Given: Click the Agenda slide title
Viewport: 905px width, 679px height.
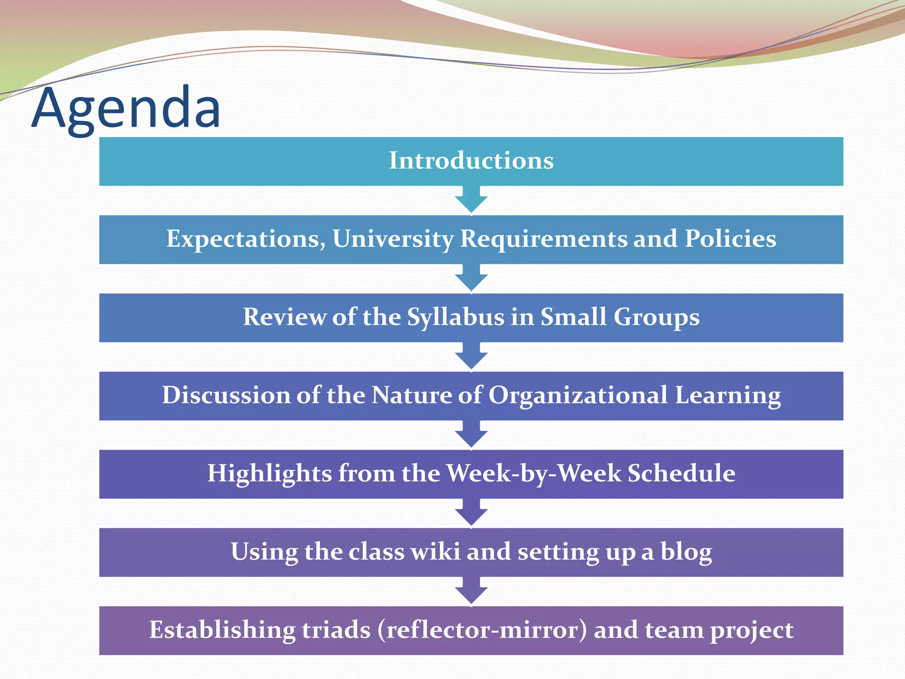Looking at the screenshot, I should pos(126,108).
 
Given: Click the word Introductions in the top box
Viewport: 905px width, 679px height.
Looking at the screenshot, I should pos(471,160).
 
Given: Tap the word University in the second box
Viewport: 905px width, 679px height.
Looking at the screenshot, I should pos(393,239).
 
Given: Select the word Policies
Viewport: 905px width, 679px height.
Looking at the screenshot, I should pos(730,239).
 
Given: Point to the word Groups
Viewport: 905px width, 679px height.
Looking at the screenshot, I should pos(656,317).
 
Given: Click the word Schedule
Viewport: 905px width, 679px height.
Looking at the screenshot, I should pos(681,473).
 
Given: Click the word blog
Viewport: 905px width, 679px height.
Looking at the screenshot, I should pos(686,552).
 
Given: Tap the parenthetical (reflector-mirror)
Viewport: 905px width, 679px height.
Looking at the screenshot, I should pos(482,630).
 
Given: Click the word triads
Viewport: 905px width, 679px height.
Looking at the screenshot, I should pos(336,630).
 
